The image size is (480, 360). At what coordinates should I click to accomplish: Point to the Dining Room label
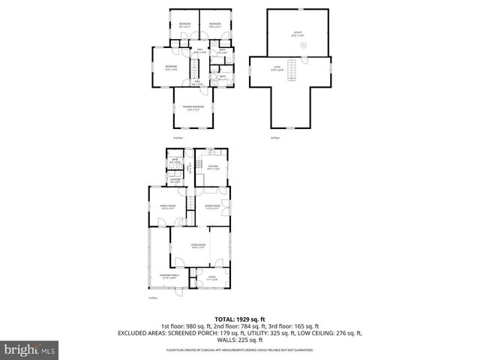pyautogui.click(x=213, y=206)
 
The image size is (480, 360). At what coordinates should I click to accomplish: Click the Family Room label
pyautogui.click(x=167, y=206)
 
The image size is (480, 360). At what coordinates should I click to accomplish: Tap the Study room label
pyautogui.click(x=211, y=280)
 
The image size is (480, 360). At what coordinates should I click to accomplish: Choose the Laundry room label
pyautogui.click(x=174, y=180)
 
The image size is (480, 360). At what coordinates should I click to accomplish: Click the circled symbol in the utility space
pyautogui.click(x=303, y=45)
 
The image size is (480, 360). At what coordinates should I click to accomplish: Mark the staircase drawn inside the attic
pyautogui.click(x=295, y=73)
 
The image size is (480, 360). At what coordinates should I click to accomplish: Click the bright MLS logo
pyautogui.click(x=29, y=349)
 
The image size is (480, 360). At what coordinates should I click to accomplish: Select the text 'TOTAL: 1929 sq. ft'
pyautogui.click(x=240, y=319)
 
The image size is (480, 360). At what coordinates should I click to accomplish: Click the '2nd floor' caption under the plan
pyautogui.click(x=177, y=138)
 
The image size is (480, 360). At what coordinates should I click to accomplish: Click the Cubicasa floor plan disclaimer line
pyautogui.click(x=240, y=349)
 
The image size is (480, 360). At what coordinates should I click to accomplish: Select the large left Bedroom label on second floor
pyautogui.click(x=170, y=67)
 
